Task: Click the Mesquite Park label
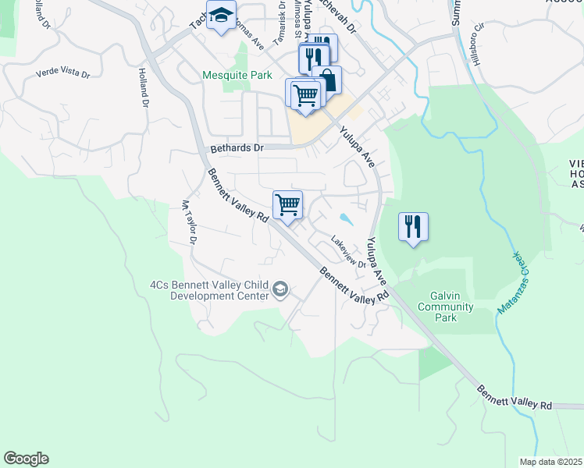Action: (237, 76)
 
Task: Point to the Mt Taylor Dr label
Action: (187, 223)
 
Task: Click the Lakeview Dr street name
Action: (348, 252)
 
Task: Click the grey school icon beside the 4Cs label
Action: (280, 291)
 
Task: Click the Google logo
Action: (26, 459)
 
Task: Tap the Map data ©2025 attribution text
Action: (551, 462)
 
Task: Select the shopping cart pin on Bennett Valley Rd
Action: (288, 206)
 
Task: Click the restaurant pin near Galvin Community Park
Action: (413, 227)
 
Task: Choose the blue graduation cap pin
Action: (221, 16)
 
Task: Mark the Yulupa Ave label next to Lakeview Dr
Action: (377, 261)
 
